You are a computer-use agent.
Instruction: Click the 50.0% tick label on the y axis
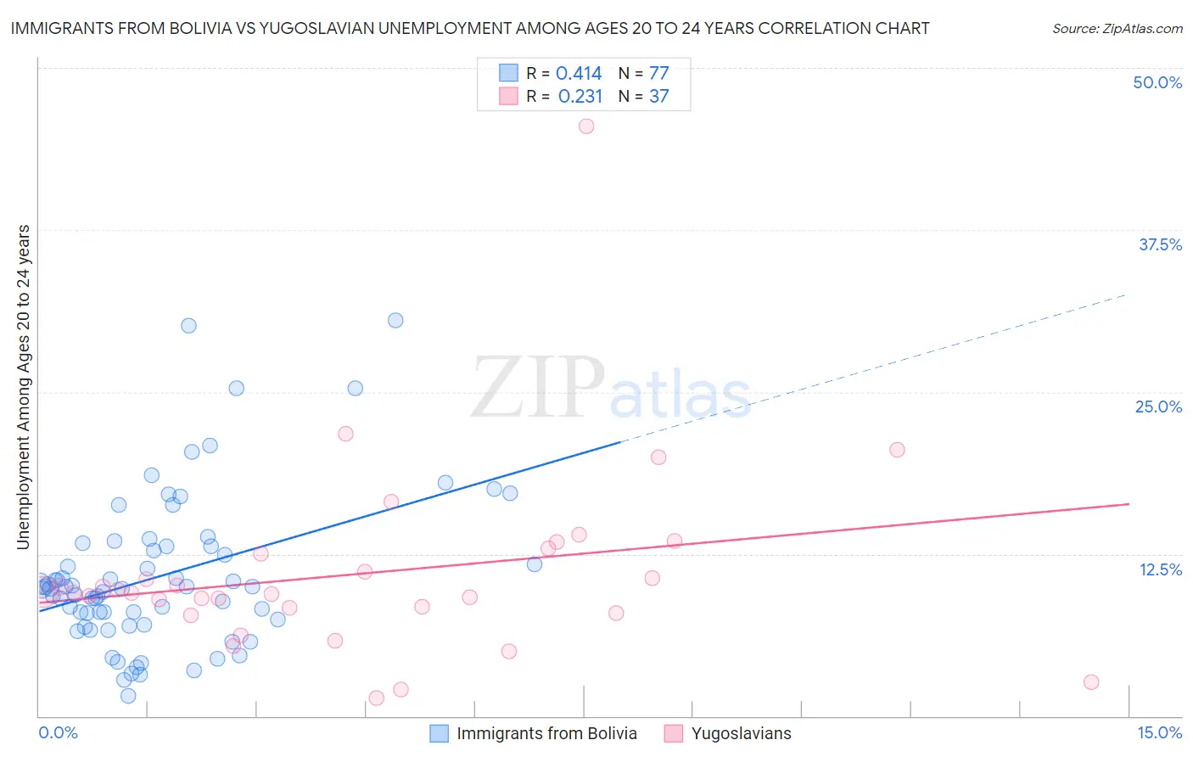(x=1157, y=82)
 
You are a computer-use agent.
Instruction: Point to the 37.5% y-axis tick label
(x=1160, y=244)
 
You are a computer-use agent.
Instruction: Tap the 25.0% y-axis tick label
(x=1158, y=407)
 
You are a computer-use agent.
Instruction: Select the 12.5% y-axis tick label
(x=1160, y=569)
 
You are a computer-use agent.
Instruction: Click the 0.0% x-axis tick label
(x=58, y=733)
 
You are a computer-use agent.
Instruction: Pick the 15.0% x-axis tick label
(x=1159, y=733)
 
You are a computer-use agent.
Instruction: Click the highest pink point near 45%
(x=586, y=126)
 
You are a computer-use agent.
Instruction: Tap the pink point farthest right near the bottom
(x=1091, y=682)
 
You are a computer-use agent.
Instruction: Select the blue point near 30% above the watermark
(x=395, y=321)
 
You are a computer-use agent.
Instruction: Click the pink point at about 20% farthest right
(x=897, y=450)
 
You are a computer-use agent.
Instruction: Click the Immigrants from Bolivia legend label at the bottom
(x=546, y=734)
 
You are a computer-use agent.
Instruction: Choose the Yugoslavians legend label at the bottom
(x=741, y=734)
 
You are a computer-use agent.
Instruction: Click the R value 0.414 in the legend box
(x=579, y=74)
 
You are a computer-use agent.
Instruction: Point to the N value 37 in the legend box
(x=659, y=97)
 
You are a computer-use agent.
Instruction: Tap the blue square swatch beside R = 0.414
(x=508, y=73)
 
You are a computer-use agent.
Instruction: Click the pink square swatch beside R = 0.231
(x=508, y=96)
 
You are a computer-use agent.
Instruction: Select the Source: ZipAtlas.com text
(x=1117, y=29)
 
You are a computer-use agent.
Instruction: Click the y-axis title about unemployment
(x=24, y=387)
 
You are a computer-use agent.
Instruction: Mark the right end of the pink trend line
(x=1129, y=504)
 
